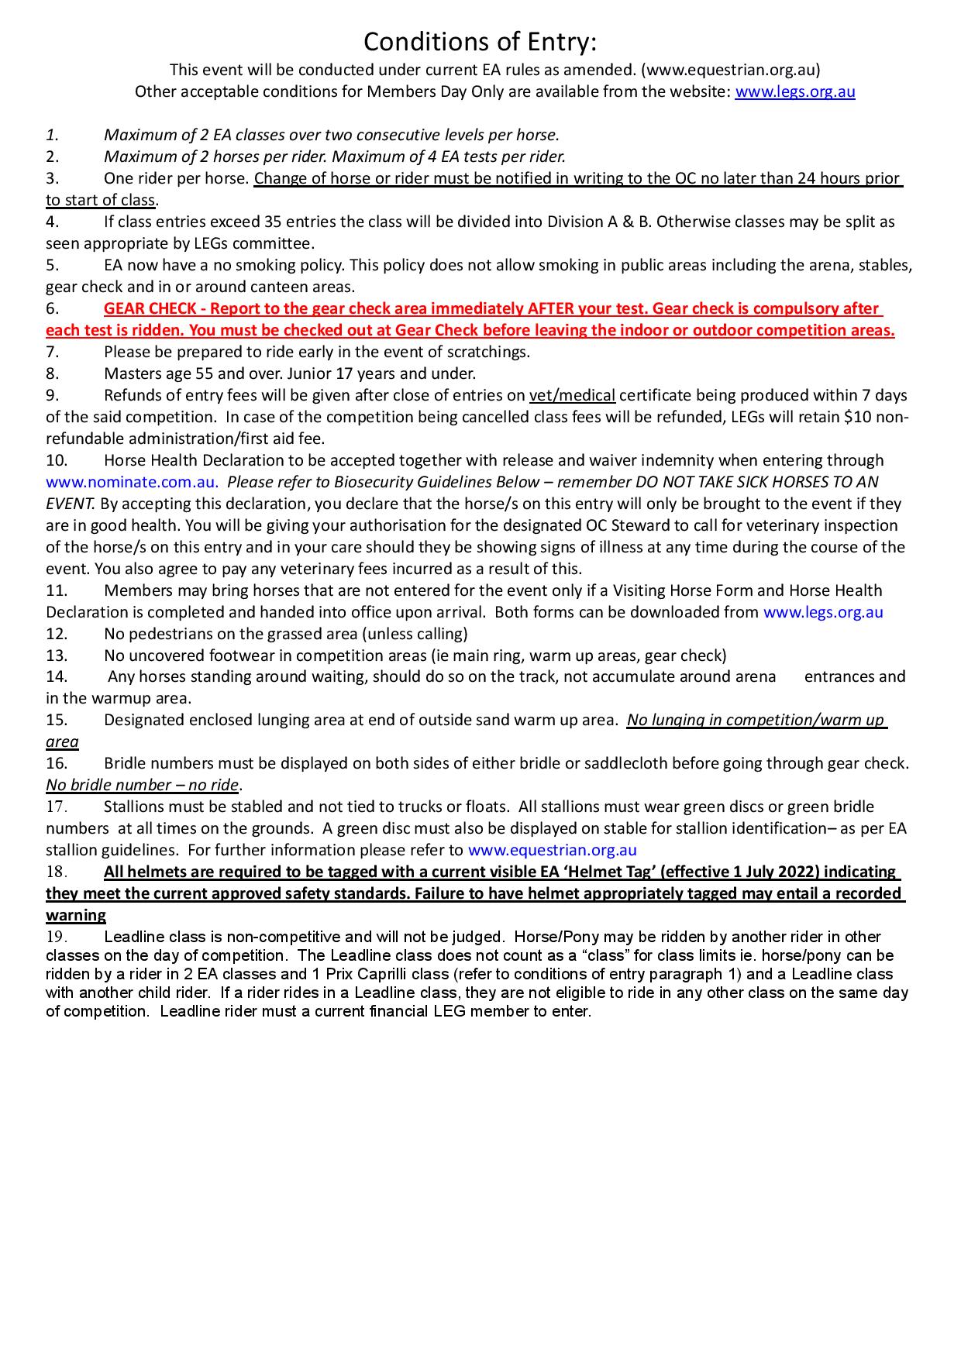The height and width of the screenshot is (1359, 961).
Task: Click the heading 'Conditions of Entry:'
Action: point(480,40)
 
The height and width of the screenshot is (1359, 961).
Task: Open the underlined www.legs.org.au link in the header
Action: point(794,91)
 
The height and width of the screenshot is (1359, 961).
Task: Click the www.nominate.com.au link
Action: point(131,482)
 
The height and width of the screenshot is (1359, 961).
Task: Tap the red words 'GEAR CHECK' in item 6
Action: point(150,308)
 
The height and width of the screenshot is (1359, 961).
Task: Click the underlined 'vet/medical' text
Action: point(572,395)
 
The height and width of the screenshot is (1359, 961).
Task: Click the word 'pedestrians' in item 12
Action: point(170,634)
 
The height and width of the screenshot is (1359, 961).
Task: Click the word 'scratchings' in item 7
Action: point(487,352)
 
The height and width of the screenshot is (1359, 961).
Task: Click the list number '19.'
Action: point(57,937)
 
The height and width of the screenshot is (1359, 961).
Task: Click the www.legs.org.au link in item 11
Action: point(823,612)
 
